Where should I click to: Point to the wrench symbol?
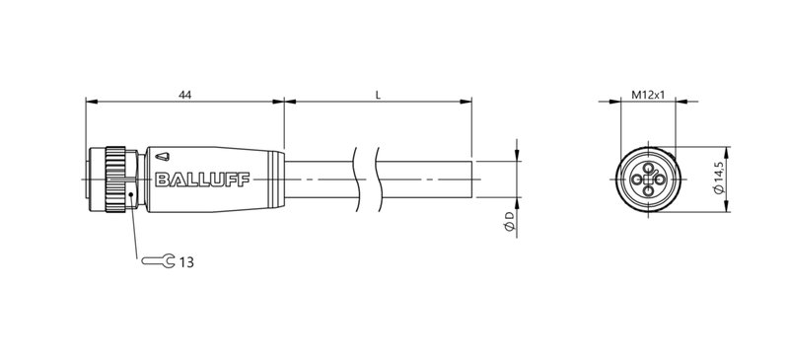[159, 261]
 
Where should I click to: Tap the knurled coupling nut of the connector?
[117, 180]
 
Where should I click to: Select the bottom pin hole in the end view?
[648, 191]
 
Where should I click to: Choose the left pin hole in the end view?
[637, 180]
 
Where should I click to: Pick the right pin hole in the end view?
[659, 180]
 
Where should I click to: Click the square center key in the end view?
[648, 180]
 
